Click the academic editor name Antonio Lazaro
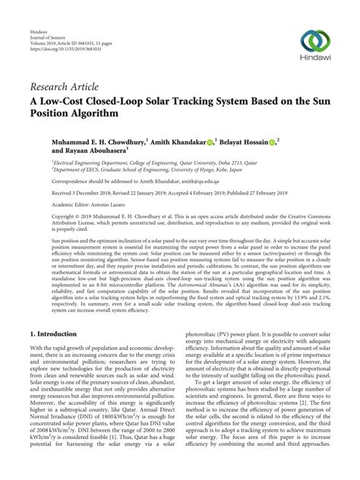point(115,205)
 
